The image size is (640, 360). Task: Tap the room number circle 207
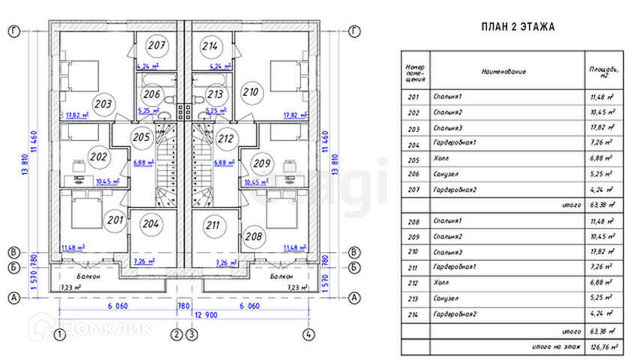[x=156, y=46]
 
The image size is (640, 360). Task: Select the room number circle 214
[x=210, y=46]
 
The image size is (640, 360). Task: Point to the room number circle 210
[x=251, y=92]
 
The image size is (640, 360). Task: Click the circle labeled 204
[x=150, y=223]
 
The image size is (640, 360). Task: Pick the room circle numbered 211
[x=213, y=223]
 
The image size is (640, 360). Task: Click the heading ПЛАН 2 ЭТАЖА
[x=518, y=28]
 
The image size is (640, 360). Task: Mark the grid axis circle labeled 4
[x=308, y=334]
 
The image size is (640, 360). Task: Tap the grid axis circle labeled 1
[x=59, y=334]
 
